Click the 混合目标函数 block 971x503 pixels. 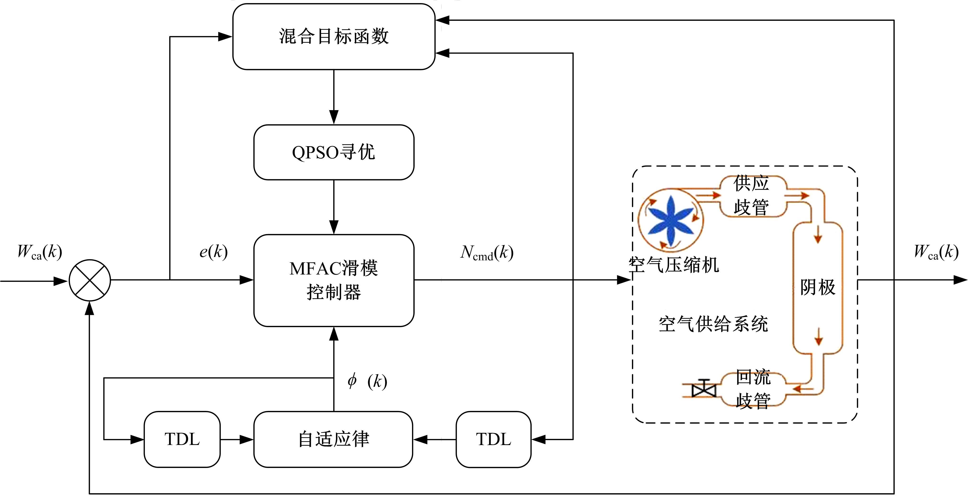[334, 36]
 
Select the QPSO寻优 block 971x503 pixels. [334, 152]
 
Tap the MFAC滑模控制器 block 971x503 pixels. [334, 280]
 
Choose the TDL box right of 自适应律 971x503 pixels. [493, 439]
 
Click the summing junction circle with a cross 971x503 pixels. [90, 280]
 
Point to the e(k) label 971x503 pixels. [213, 252]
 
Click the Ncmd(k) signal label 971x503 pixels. [487, 253]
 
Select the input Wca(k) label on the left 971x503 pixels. [40, 252]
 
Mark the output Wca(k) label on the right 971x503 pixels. [936, 252]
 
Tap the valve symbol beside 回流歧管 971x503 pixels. [703, 388]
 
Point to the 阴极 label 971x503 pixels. [817, 287]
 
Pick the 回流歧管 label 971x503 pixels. [753, 389]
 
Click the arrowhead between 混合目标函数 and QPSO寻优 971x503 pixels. [334, 117]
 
